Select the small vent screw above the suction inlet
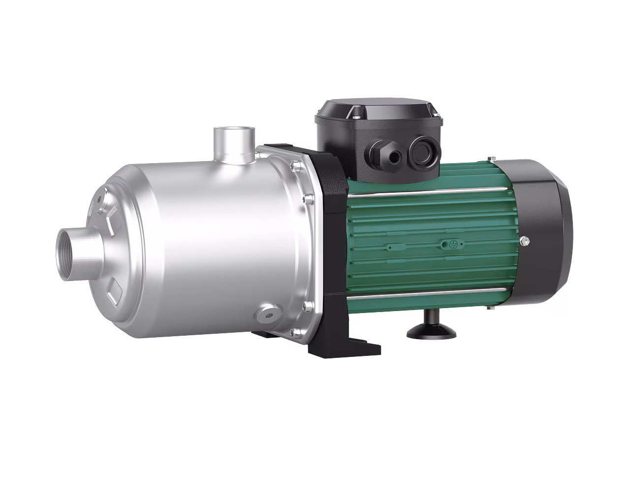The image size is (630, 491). [100, 199]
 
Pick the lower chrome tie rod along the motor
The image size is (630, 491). [418, 294]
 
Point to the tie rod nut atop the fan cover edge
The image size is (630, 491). [490, 159]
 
